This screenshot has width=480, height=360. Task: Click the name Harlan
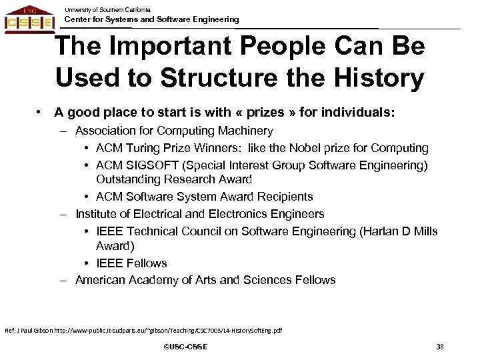(372, 231)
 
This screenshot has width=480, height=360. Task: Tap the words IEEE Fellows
(132, 263)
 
